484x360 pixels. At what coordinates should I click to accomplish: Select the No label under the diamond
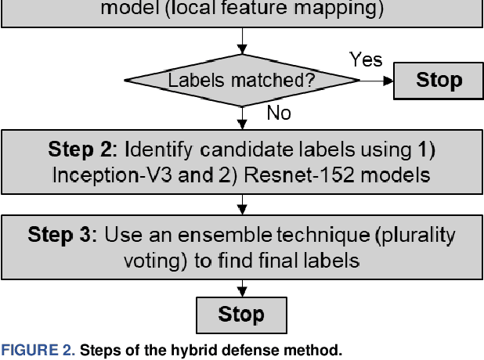tap(279, 113)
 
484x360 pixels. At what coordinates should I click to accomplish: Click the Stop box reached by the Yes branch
tap(439, 81)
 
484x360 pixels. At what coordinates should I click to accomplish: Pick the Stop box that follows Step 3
tap(241, 314)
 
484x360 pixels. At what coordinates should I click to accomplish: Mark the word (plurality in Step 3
tap(410, 234)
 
